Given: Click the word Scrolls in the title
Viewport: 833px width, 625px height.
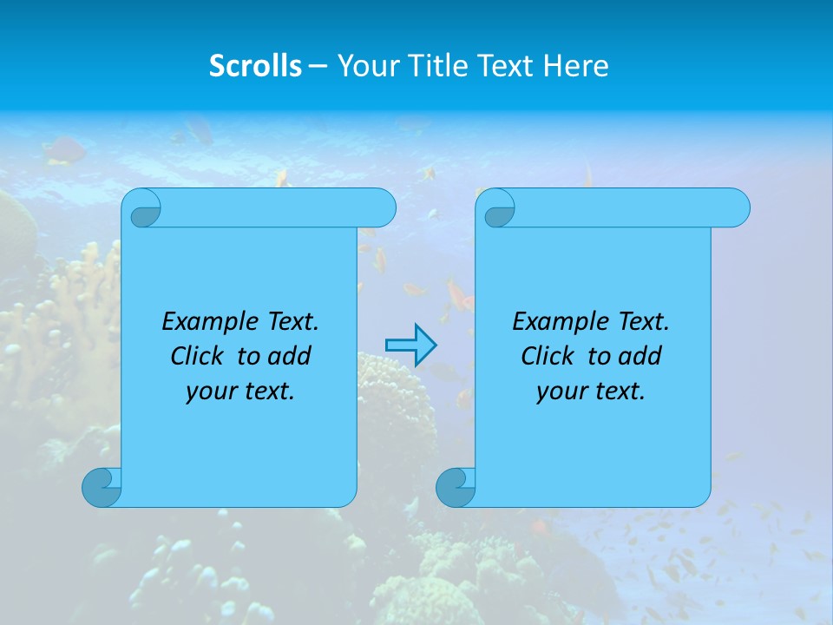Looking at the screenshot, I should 255,66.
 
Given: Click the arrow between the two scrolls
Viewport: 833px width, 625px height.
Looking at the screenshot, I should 410,345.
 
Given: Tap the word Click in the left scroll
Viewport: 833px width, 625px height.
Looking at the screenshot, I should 199,356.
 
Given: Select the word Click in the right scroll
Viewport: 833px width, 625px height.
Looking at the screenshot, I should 548,356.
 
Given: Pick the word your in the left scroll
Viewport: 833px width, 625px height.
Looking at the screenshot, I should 211,391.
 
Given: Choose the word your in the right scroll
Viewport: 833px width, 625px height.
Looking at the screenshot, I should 561,391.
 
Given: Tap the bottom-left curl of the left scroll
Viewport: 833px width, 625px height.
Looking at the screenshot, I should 102,487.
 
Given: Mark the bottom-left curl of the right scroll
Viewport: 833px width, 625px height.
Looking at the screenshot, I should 455,487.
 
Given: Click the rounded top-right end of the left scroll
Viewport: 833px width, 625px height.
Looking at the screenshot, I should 382,207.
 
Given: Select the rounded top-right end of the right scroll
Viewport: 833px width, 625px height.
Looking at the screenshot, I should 736,207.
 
